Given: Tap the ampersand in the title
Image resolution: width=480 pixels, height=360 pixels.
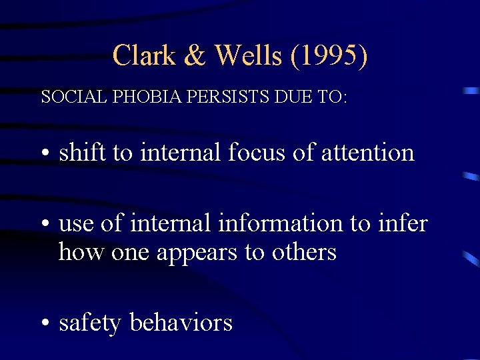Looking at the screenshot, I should pyautogui.click(x=195, y=55).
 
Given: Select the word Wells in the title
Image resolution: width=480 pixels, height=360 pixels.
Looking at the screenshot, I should pyautogui.click(x=249, y=55).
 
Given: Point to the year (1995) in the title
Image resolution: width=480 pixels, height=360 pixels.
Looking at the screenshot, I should pyautogui.click(x=329, y=55).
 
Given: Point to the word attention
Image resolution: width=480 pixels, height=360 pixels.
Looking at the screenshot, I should pyautogui.click(x=368, y=153).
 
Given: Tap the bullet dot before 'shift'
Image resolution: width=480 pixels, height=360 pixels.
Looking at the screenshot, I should pyautogui.click(x=44, y=154).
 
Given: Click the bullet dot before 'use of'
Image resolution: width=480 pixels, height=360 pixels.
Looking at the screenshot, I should pyautogui.click(x=44, y=225).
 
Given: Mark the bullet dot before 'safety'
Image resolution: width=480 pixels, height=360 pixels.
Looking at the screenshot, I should pyautogui.click(x=44, y=324).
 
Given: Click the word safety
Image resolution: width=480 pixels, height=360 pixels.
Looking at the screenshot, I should pyautogui.click(x=90, y=323).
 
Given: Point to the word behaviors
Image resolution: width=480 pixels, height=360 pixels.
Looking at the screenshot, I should pyautogui.click(x=181, y=323).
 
